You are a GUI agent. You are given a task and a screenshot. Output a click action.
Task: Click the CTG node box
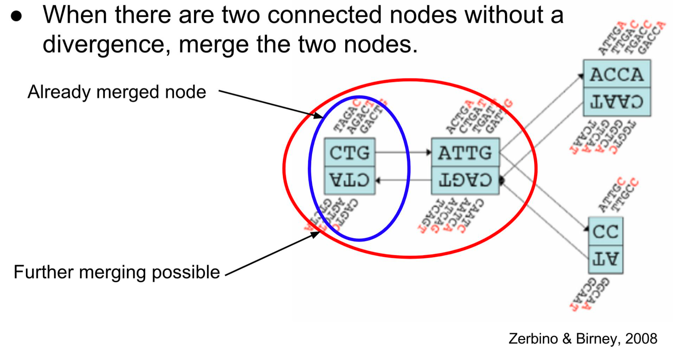pyautogui.click(x=349, y=152)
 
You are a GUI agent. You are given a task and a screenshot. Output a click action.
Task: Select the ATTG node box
pyautogui.click(x=465, y=152)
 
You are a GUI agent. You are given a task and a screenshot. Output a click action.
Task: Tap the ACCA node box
pyautogui.click(x=617, y=74)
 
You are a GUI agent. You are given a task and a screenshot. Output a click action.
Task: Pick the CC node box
pyautogui.click(x=605, y=231)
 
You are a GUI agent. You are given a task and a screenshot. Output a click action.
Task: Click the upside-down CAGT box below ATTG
pyautogui.click(x=465, y=180)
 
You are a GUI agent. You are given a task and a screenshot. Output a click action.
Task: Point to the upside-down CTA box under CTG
pyautogui.click(x=349, y=180)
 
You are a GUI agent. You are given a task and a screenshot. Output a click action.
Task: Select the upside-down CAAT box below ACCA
pyautogui.click(x=617, y=102)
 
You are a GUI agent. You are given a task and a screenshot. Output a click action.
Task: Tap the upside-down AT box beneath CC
pyautogui.click(x=605, y=259)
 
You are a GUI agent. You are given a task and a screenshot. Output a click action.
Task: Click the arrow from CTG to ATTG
pyautogui.click(x=403, y=152)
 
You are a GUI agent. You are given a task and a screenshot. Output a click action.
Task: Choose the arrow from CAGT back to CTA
pyautogui.click(x=403, y=180)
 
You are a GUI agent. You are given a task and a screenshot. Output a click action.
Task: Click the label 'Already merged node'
pyautogui.click(x=117, y=92)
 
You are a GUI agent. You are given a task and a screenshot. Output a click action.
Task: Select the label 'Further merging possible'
pyautogui.click(x=117, y=272)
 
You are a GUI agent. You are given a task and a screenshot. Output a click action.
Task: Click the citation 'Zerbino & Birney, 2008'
pyautogui.click(x=583, y=339)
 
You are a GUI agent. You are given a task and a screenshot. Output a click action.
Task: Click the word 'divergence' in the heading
pyautogui.click(x=106, y=44)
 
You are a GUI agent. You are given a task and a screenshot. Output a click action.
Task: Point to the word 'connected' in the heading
pyautogui.click(x=324, y=15)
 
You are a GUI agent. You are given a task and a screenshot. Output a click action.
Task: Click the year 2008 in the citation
pyautogui.click(x=641, y=339)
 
